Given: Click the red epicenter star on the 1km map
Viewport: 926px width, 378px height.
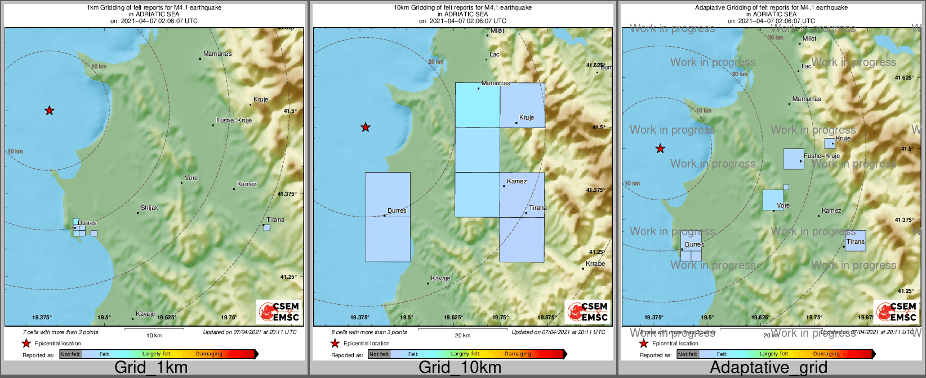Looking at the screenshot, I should tap(50, 111).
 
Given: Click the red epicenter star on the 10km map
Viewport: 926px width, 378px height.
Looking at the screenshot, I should tap(366, 128).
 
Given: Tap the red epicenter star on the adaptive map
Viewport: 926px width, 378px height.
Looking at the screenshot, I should tap(660, 149).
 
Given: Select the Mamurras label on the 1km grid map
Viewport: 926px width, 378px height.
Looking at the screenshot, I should tap(217, 54).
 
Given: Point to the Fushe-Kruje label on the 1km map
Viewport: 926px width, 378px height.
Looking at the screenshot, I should tap(234, 121).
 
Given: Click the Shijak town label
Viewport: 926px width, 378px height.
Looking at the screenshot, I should tap(149, 208).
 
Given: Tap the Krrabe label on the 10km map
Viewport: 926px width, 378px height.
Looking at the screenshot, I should tap(595, 264).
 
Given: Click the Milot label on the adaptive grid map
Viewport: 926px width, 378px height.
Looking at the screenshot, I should tap(809, 39).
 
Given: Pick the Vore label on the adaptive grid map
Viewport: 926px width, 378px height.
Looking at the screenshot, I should tap(783, 206).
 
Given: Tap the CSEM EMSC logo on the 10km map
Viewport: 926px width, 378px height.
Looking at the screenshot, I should tap(588, 312).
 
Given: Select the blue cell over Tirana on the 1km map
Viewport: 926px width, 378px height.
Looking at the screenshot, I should tap(267, 228).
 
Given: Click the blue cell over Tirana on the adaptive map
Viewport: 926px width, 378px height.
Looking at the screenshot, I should tap(855, 241).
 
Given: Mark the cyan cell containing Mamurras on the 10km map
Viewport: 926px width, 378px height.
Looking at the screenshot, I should tap(478, 106).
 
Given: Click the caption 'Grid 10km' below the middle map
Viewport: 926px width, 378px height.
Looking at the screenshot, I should tap(460, 368).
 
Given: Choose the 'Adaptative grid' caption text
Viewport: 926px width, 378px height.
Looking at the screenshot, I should tap(768, 368).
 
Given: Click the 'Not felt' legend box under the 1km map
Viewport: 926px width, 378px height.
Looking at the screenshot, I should tap(70, 354).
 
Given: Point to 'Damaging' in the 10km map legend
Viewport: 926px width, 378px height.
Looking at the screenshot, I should tap(518, 354).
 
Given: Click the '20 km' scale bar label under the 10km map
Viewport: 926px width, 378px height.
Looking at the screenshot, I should tap(462, 336).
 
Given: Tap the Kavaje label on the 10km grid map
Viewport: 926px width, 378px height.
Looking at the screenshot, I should tap(440, 279).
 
